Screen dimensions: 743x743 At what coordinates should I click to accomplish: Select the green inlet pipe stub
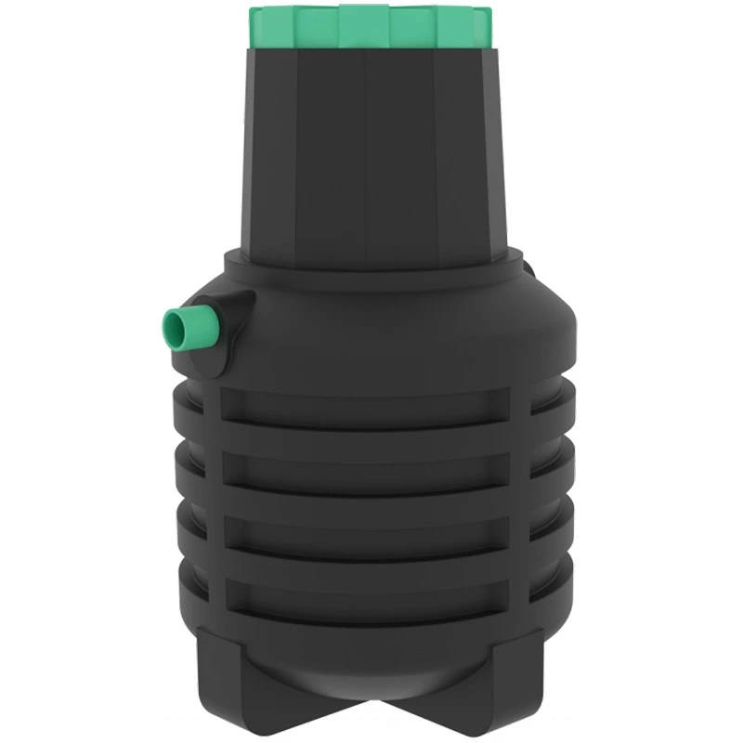[186, 325]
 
